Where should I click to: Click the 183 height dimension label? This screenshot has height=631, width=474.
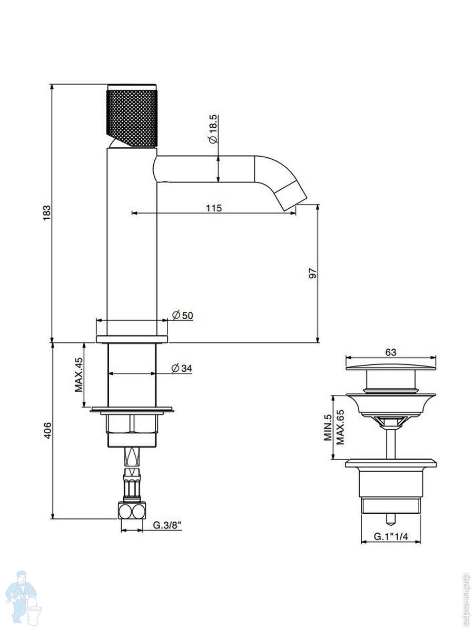pyautogui.click(x=46, y=213)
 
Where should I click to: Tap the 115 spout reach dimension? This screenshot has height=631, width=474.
pyautogui.click(x=213, y=208)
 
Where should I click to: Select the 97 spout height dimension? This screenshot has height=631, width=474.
pyautogui.click(x=312, y=273)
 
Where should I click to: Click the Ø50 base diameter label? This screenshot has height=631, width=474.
pyautogui.click(x=183, y=315)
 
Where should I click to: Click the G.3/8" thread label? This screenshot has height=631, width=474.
pyautogui.click(x=167, y=525)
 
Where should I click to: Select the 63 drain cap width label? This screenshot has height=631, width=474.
pyautogui.click(x=391, y=352)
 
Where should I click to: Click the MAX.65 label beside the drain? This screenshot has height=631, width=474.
pyautogui.click(x=340, y=427)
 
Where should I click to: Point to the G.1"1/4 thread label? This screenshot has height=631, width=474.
pyautogui.click(x=391, y=536)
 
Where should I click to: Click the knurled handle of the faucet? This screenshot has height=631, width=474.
pyautogui.click(x=132, y=116)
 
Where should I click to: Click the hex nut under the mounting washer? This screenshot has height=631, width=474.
pyautogui.click(x=132, y=423)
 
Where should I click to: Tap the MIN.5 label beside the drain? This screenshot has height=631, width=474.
pyautogui.click(x=328, y=427)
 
